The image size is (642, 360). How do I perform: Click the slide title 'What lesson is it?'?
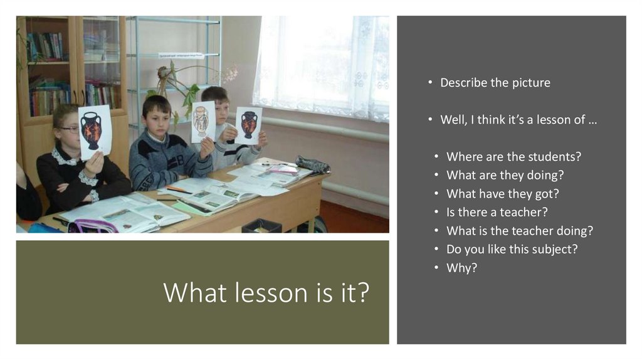point(266,293)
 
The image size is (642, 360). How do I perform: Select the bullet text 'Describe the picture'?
point(495,83)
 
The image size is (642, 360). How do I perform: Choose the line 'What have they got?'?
point(502,194)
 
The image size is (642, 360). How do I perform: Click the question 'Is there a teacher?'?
point(497,212)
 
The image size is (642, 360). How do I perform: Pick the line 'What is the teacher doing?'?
point(519,231)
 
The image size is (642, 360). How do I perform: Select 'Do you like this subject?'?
point(512,249)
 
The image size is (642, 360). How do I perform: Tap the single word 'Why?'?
point(461,268)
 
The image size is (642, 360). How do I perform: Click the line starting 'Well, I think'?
point(518,120)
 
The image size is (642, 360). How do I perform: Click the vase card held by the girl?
point(95,130)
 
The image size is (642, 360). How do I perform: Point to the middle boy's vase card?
point(203,121)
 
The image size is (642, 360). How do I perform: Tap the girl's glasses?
point(70,130)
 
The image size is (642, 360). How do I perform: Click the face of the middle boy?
point(156,119)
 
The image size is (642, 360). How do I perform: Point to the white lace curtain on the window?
point(320,63)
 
